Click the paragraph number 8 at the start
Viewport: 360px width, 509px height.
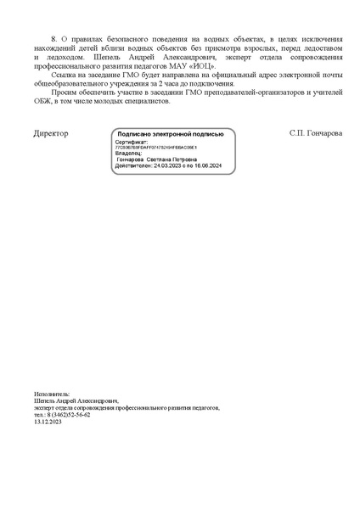pos(54,40)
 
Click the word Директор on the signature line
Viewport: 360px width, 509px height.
pos(51,134)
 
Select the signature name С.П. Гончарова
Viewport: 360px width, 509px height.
pos(317,134)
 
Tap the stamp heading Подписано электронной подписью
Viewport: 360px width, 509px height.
pos(171,134)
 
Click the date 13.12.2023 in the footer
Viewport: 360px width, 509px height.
pos(48,422)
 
